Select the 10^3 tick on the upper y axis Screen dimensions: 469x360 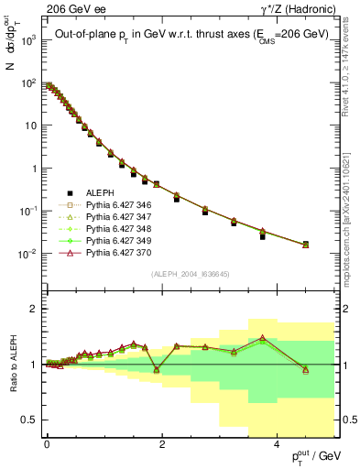[x=29, y=41]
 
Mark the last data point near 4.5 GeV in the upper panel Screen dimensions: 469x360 [x=305, y=244]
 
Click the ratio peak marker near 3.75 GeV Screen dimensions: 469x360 [x=262, y=338]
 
